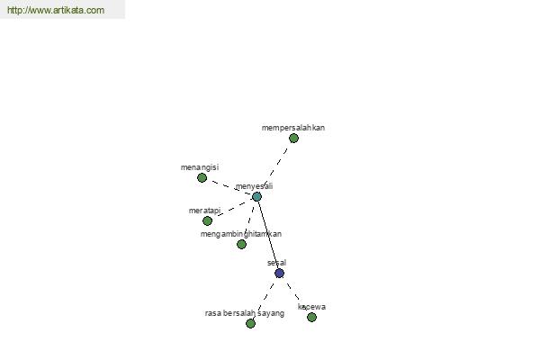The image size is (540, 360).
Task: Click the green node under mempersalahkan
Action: coord(293,138)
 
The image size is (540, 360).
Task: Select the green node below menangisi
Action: coord(202,178)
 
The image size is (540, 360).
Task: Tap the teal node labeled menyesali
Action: coord(256,197)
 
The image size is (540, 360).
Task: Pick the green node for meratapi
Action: coord(207,220)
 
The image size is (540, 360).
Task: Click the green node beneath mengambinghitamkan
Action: coord(241,244)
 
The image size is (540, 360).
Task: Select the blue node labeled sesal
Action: coord(279,274)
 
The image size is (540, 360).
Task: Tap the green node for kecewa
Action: coord(311,317)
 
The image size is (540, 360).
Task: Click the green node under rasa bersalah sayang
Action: coord(251,323)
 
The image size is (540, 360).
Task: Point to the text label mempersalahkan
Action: coord(293,128)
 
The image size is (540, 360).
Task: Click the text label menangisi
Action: coord(200,167)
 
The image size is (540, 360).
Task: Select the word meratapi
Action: coord(204,211)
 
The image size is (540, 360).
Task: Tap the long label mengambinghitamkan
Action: coord(241,234)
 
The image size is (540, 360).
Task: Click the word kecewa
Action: coord(311,307)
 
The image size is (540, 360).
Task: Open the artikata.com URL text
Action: coord(56,10)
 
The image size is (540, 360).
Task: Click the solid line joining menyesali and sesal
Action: coord(268,235)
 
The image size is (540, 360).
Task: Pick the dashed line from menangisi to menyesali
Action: coord(230,187)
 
